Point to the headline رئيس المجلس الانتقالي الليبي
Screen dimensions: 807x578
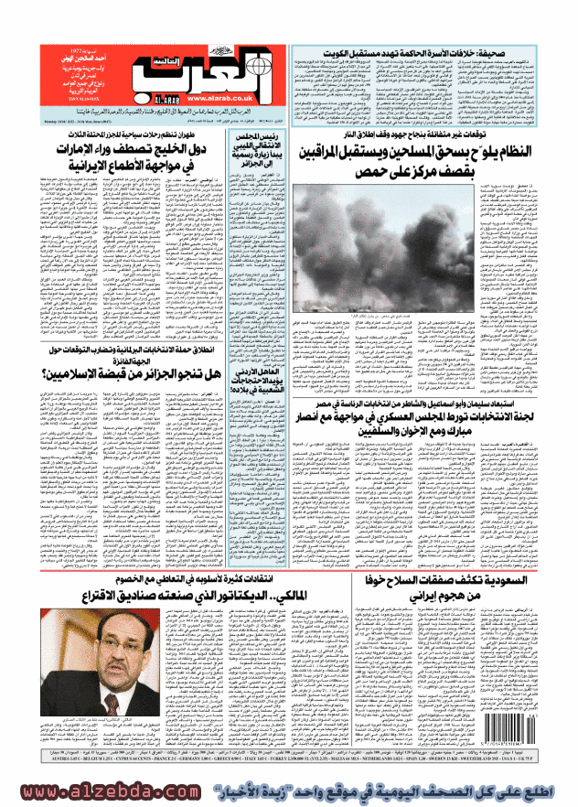tap(244, 150)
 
